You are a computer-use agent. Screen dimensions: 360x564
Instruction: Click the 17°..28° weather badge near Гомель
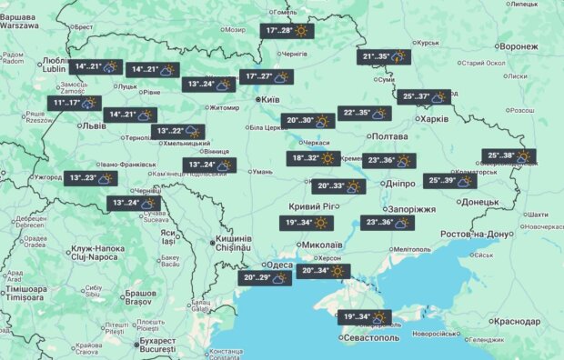[288, 31]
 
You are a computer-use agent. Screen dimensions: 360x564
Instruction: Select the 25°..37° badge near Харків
[427, 97]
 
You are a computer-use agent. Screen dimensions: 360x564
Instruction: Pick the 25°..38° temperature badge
[509, 155]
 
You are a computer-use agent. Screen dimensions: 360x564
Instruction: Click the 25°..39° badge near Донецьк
[454, 180]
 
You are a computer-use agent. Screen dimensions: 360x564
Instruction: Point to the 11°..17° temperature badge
[76, 104]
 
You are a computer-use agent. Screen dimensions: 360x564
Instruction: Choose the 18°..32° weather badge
[315, 158]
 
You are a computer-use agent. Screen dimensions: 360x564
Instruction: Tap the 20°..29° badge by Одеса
[267, 278]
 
